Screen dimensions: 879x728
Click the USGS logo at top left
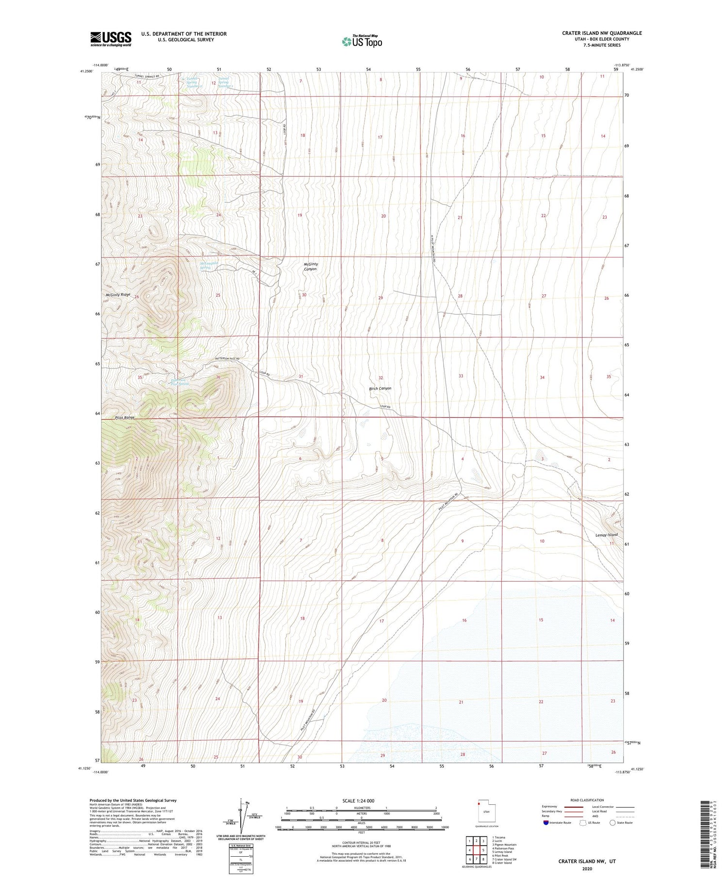pos(111,39)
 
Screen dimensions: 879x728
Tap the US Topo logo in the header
pos(362,42)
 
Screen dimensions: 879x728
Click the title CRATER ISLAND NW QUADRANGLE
pos(602,33)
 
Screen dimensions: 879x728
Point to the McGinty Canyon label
pos(311,266)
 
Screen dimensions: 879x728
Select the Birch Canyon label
pos(380,388)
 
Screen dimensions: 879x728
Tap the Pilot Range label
pos(125,417)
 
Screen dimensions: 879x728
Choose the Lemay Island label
pos(606,535)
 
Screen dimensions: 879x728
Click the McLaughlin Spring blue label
pos(209,266)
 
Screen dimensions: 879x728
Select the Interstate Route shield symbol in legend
pos(546,823)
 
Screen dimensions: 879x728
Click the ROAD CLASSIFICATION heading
pos(587,800)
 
